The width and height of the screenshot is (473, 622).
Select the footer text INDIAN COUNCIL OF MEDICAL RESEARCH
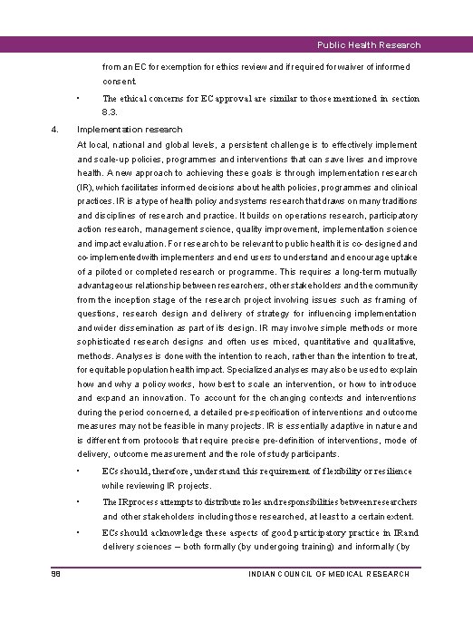[329, 574]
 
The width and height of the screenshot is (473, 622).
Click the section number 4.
[55, 129]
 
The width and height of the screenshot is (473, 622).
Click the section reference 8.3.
[111, 112]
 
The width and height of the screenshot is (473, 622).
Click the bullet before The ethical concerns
[80, 98]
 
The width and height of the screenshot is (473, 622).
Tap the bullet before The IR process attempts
[80, 501]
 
